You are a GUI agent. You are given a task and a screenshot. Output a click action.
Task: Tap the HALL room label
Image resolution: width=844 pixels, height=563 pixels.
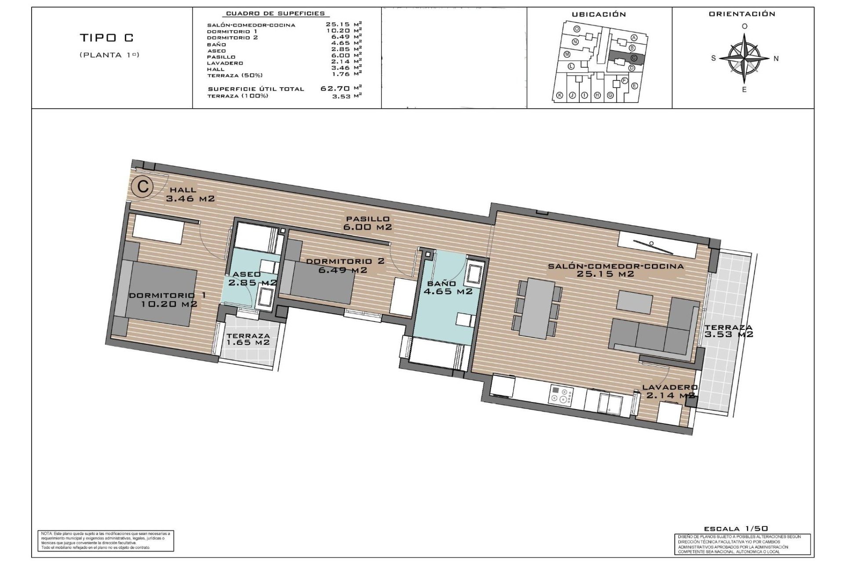click(183, 190)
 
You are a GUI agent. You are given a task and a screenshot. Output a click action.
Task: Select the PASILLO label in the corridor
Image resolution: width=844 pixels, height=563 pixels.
click(367, 219)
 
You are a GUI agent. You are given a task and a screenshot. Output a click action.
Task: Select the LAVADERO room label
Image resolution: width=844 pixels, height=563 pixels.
click(669, 388)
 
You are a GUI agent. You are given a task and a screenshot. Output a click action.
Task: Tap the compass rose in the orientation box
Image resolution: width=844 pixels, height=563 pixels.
click(744, 58)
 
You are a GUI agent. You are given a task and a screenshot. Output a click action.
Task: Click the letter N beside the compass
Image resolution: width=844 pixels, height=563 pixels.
click(776, 58)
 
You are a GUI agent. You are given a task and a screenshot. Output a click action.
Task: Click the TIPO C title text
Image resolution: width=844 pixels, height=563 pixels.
click(106, 38)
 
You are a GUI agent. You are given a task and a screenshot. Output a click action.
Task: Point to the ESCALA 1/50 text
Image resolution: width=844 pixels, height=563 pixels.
click(735, 529)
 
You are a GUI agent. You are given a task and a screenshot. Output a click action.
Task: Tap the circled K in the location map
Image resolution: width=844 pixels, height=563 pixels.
click(560, 95)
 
